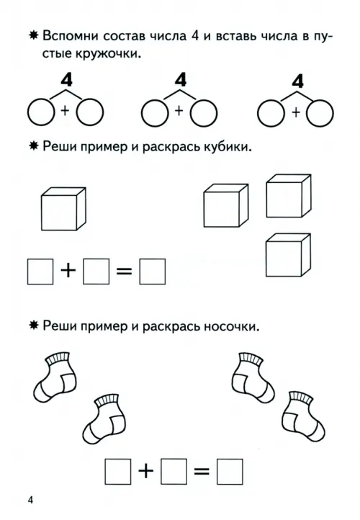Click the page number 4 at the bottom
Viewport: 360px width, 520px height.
[x=30, y=500]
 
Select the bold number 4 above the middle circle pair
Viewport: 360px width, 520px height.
[x=181, y=80]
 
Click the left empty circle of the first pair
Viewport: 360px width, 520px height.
[x=41, y=112]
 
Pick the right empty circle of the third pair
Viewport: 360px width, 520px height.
[x=320, y=113]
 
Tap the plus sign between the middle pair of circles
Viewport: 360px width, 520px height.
[x=179, y=111]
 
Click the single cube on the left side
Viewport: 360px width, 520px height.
[x=63, y=209]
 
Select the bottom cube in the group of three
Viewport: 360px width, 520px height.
[x=288, y=255]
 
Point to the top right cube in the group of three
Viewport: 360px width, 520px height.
[x=289, y=196]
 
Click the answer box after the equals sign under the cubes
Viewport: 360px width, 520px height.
[x=152, y=272]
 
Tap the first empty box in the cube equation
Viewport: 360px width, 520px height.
[x=40, y=272]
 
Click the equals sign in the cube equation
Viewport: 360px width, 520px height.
[x=125, y=272]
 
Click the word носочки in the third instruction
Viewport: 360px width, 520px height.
[x=231, y=327]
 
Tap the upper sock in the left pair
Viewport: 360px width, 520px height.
[x=55, y=377]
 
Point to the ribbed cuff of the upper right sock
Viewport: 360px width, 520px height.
[x=251, y=359]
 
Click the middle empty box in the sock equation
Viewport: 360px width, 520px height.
[x=174, y=472]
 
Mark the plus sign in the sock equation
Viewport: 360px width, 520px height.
[x=145, y=471]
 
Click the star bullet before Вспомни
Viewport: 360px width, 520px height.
[x=34, y=35]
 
